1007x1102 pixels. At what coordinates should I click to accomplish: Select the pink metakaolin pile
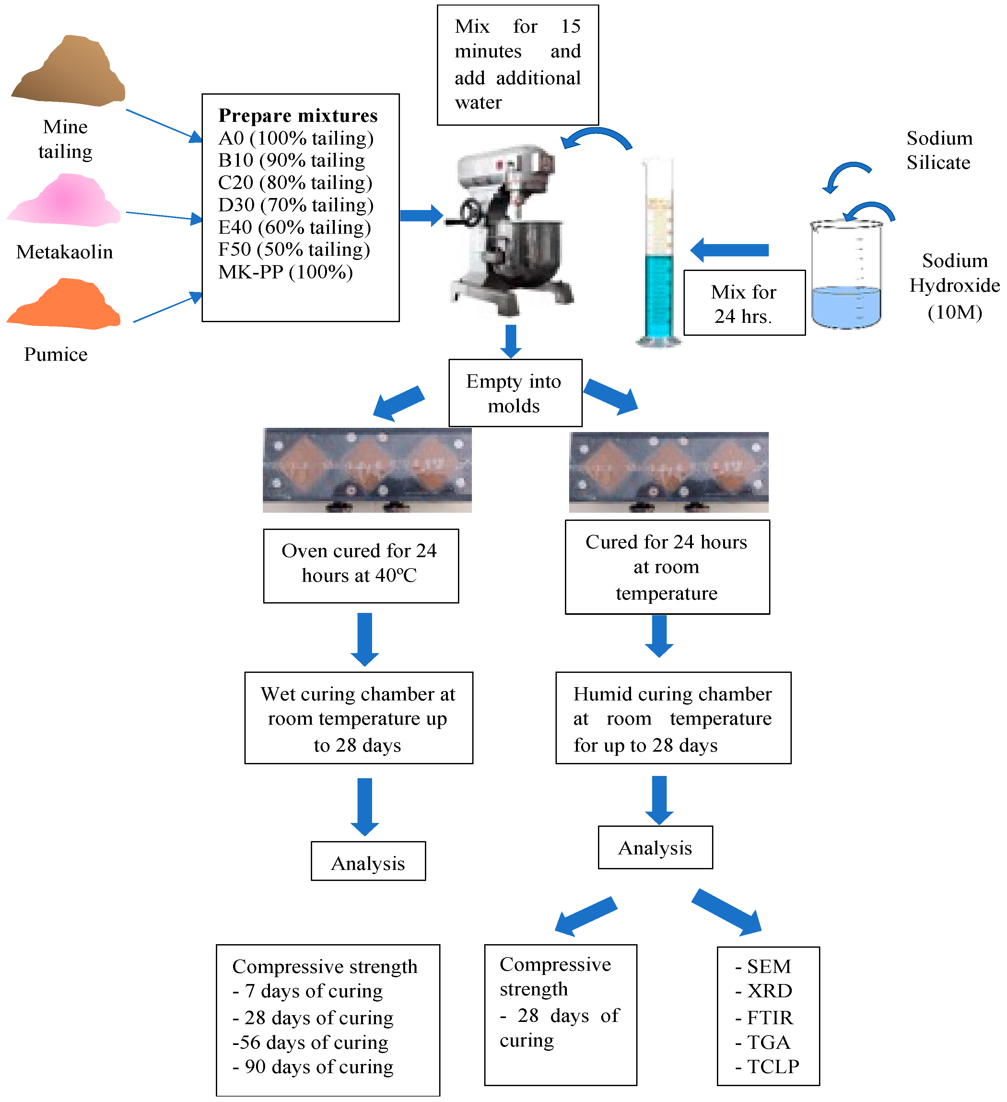(65, 201)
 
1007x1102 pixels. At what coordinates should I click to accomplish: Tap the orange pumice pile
(64, 306)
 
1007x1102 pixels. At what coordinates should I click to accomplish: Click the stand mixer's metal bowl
(533, 246)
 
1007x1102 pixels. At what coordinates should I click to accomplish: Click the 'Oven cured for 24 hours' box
(360, 565)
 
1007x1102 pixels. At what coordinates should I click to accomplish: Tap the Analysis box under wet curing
(368, 863)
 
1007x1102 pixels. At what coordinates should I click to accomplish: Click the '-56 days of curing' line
(310, 1042)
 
